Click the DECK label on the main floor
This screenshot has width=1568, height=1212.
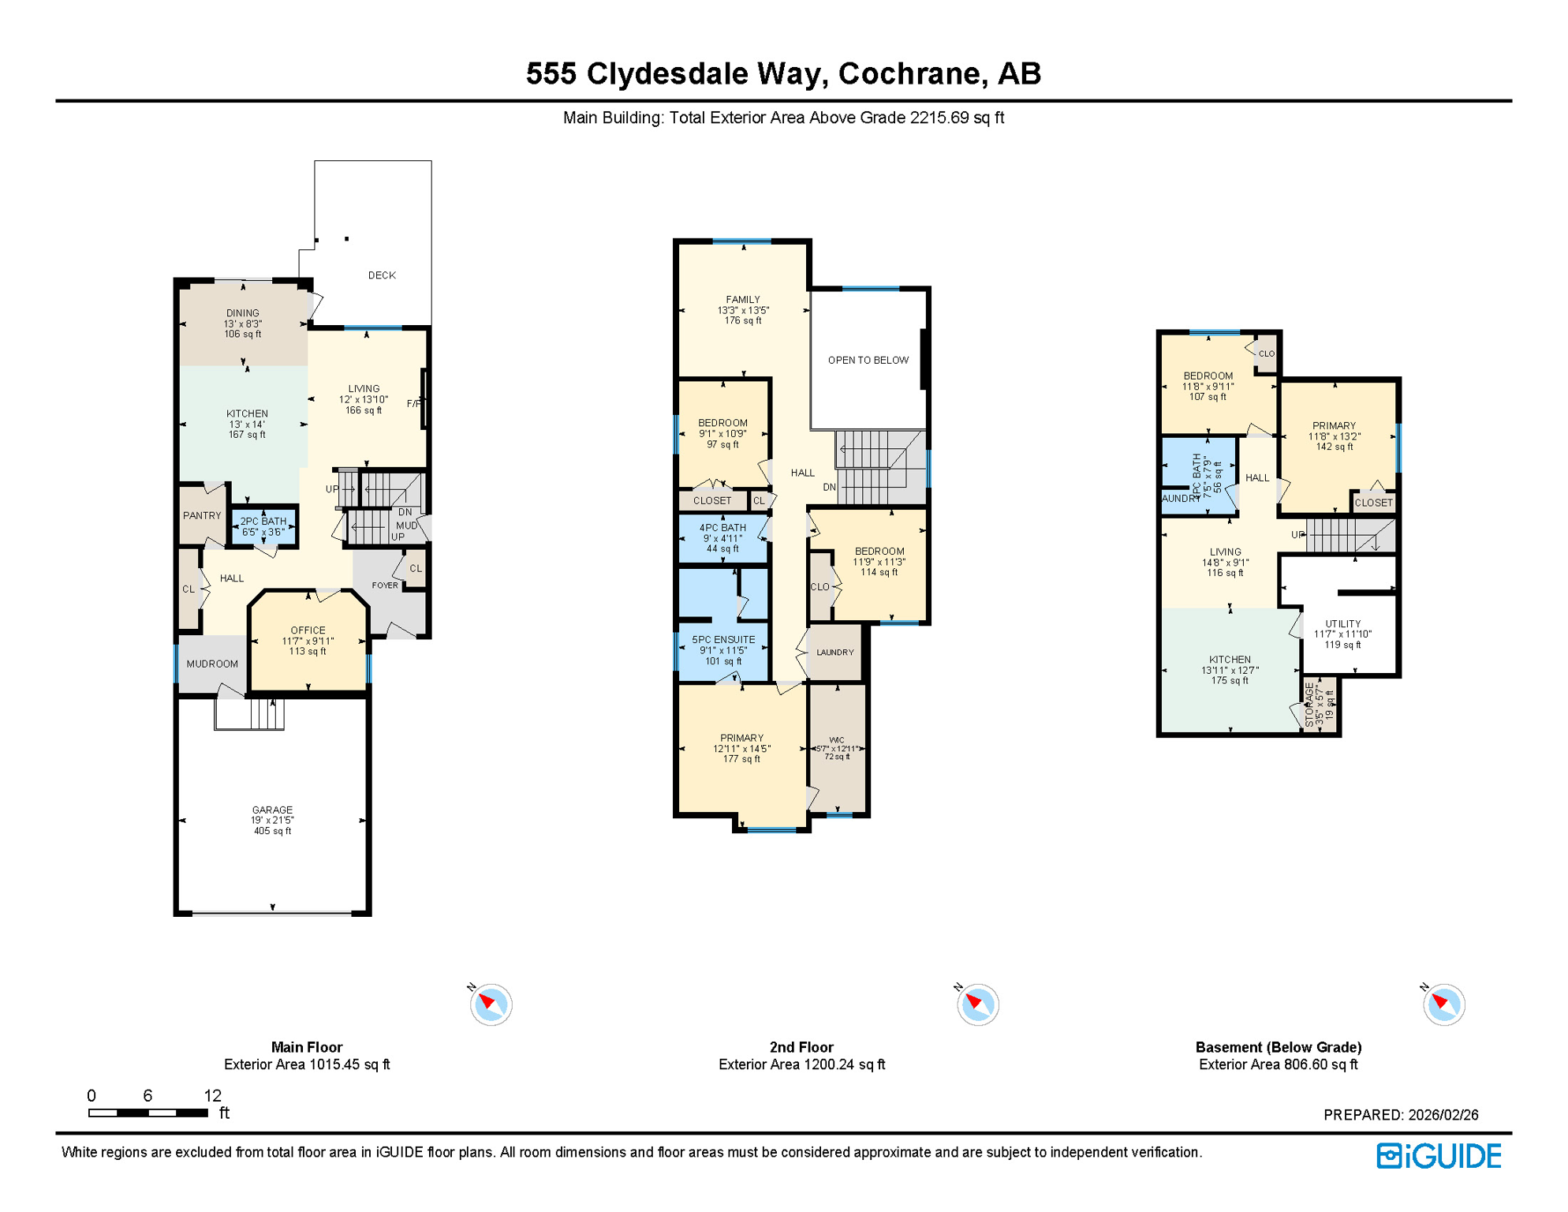tap(382, 275)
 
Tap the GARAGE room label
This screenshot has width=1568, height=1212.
tap(272, 810)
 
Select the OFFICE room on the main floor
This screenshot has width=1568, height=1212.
tap(308, 630)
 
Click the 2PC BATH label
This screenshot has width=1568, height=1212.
tap(263, 522)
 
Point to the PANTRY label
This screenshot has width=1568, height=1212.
tap(202, 515)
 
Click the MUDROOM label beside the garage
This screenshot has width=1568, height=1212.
tap(212, 664)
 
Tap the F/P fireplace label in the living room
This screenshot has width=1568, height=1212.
tap(413, 404)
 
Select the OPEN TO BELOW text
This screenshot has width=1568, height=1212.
tap(868, 361)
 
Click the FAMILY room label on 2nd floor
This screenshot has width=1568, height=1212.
tap(743, 300)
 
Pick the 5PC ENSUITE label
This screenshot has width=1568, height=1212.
tap(723, 640)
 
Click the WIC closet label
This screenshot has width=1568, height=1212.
tap(837, 741)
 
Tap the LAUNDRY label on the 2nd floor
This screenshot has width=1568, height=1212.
tap(835, 653)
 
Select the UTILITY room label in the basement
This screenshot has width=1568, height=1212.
tap(1342, 624)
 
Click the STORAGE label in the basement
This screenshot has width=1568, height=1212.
tap(1310, 705)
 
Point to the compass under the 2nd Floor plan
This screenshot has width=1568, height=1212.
tap(978, 1004)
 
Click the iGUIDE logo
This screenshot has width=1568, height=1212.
tap(1439, 1156)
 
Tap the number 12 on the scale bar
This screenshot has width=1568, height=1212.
tap(213, 1095)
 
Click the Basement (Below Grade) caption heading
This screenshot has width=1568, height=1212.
tap(1278, 1047)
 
